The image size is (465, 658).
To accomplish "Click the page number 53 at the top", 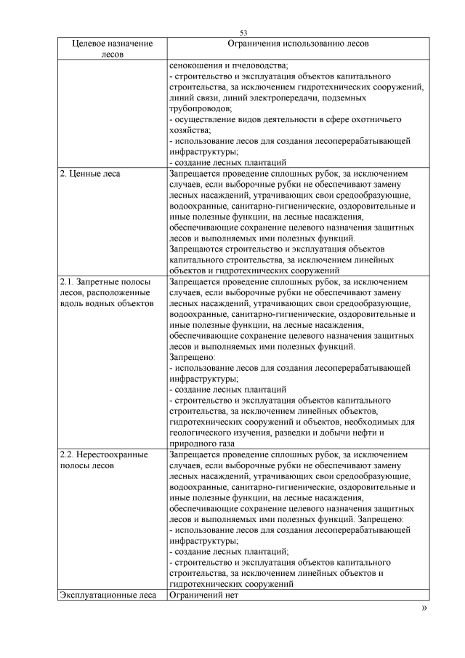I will [x=243, y=32].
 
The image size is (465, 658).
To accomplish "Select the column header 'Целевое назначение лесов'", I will [x=113, y=49].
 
